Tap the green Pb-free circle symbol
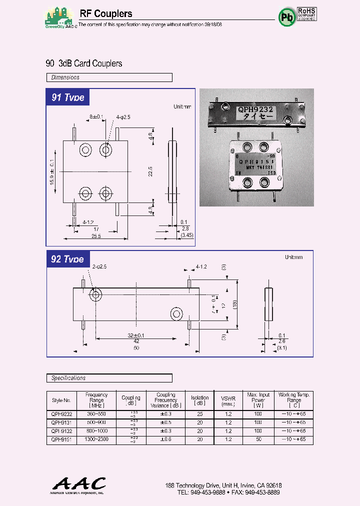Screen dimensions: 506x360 (x=286, y=18)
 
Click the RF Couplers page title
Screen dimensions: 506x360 (x=106, y=14)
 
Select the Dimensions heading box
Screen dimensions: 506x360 (x=109, y=77)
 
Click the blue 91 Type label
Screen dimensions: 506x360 (x=68, y=97)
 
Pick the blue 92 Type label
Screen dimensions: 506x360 (x=68, y=259)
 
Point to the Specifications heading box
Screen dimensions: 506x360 (x=109, y=378)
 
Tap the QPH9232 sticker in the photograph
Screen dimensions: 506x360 (x=255, y=113)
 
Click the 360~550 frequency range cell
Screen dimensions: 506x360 (x=96, y=414)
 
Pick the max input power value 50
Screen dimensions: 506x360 (x=257, y=439)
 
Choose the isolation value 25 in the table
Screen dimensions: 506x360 (x=200, y=414)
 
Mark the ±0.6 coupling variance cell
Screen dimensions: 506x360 (x=165, y=439)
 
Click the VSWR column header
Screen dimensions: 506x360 (x=228, y=400)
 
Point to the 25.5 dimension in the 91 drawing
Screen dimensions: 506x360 (x=96, y=236)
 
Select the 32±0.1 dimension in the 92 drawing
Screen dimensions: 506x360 (x=135, y=335)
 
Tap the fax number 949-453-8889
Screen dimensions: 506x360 (x=262, y=492)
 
